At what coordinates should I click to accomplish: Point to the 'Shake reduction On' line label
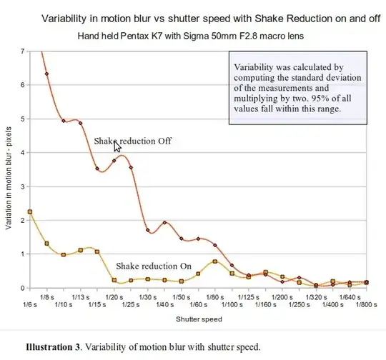(x=154, y=266)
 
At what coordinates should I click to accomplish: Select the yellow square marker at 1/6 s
(x=30, y=212)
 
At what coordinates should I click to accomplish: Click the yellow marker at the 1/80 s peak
(x=215, y=261)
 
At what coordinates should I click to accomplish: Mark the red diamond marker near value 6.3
(x=47, y=74)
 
